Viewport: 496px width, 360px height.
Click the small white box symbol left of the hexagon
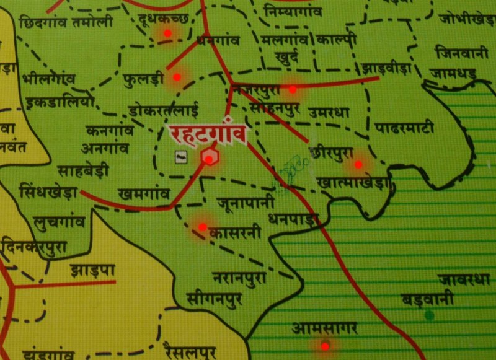point(180,157)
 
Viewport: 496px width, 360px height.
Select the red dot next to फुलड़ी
point(177,77)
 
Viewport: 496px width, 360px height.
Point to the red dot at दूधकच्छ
point(167,33)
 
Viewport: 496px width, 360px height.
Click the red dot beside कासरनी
point(202,227)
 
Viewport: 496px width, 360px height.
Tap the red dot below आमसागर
point(324,346)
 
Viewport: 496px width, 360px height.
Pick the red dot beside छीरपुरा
point(358,164)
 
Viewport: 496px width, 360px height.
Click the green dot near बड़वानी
point(428,315)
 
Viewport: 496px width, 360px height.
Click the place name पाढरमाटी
point(404,128)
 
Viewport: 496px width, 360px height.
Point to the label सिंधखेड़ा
point(48,190)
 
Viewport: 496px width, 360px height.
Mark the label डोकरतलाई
point(164,112)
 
